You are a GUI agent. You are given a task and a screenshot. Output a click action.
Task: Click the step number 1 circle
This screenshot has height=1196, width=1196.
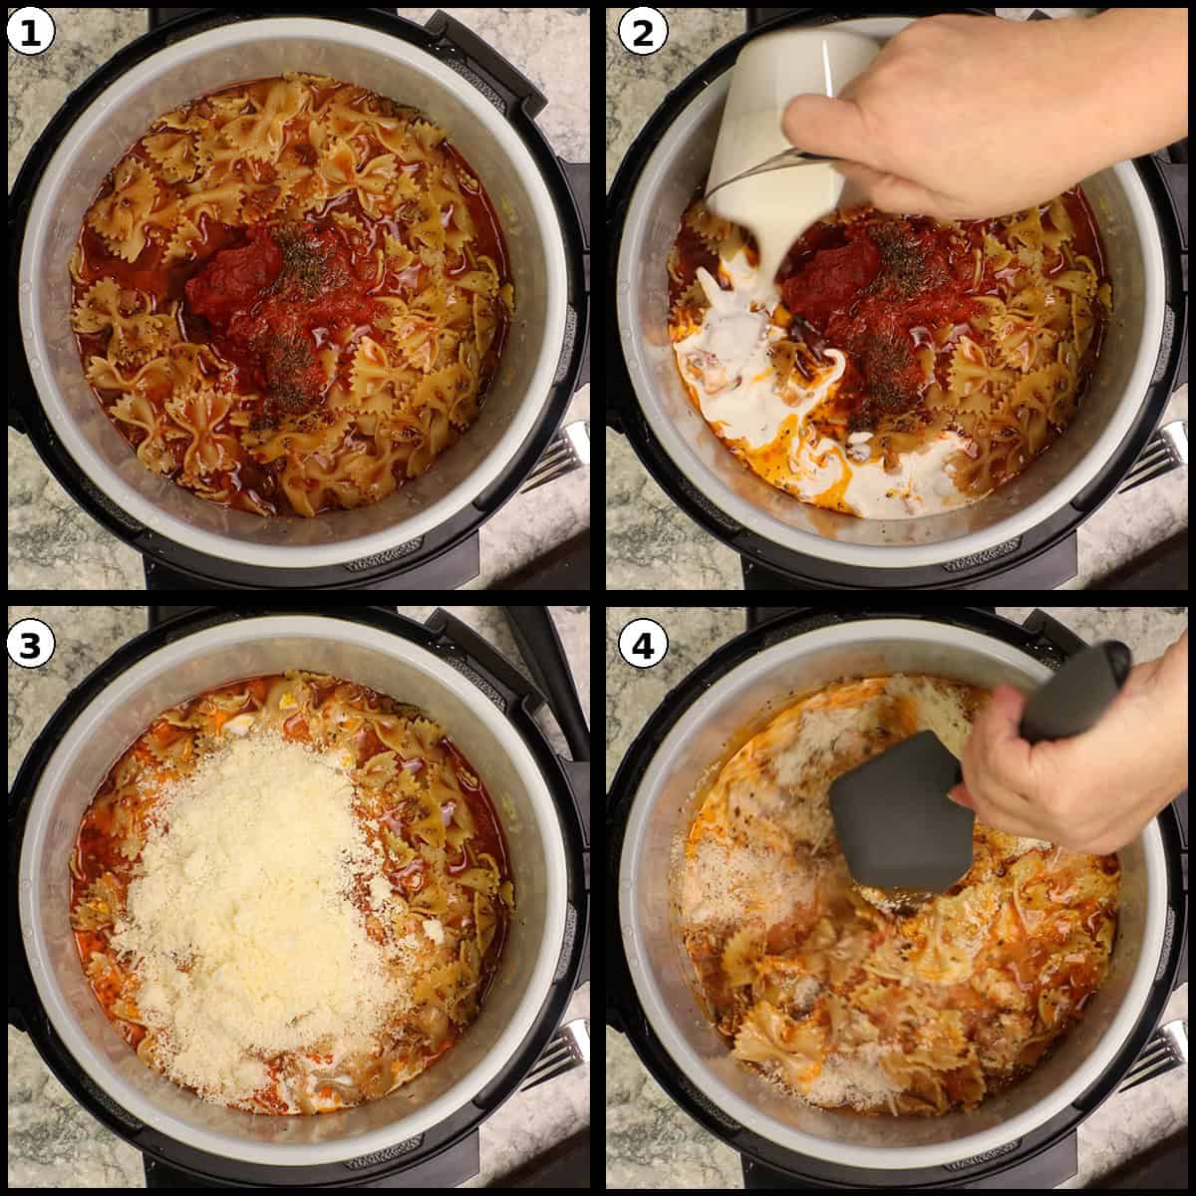(31, 33)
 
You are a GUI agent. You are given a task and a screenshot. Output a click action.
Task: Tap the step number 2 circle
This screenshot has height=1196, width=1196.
(643, 33)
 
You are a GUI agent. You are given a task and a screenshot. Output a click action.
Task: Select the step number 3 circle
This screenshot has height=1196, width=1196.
(31, 646)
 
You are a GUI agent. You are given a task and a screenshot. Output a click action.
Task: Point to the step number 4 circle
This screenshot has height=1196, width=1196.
(643, 646)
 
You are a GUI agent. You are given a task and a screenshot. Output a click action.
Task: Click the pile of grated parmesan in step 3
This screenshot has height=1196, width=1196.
(259, 897)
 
